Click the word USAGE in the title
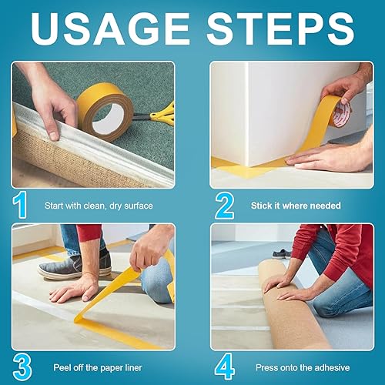111,28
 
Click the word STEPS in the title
281,28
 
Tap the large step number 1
20,205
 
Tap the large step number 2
225,206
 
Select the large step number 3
22,367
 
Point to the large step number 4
225,367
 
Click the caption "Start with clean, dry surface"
99,206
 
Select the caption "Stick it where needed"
296,206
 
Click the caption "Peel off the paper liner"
98,368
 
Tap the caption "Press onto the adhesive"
303,367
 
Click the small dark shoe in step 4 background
282,253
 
